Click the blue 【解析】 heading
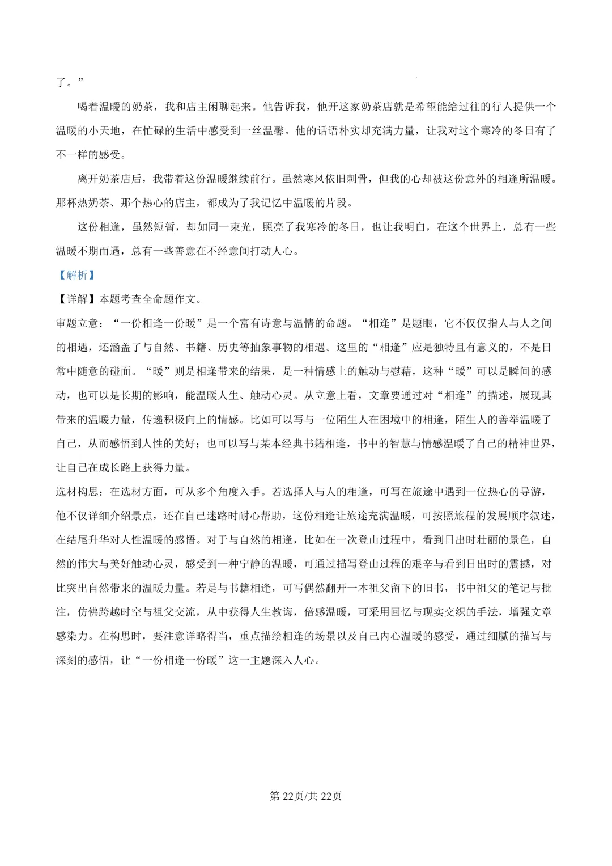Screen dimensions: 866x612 tap(77, 275)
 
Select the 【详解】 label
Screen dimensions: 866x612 tap(77, 299)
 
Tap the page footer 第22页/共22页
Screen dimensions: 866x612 tap(305, 796)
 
